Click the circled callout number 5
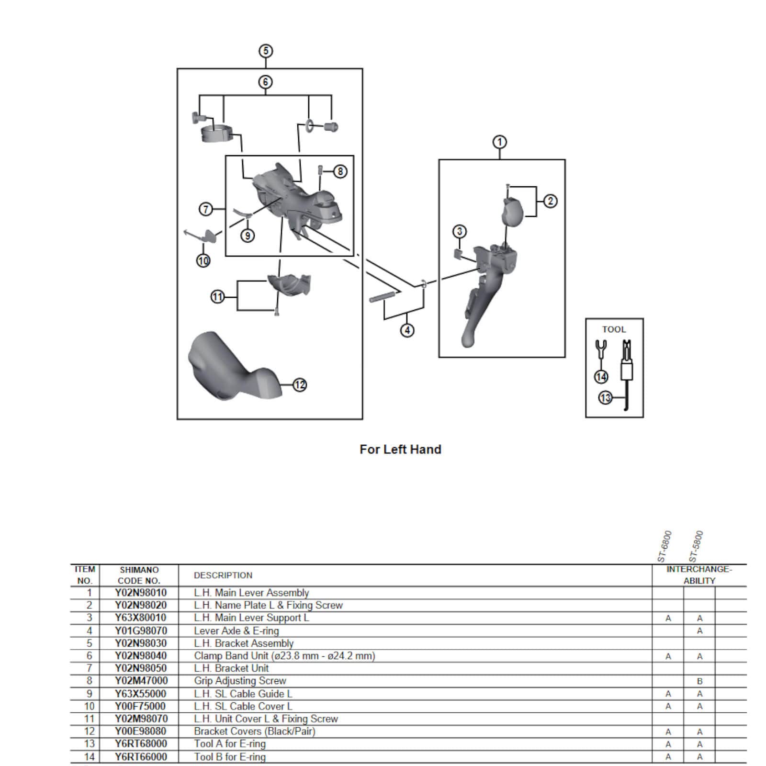click(x=266, y=51)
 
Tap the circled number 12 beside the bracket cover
click(x=300, y=385)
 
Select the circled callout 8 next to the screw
click(x=340, y=171)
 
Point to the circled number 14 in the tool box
click(x=601, y=377)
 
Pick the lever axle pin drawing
click(x=384, y=296)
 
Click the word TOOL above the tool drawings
click(x=614, y=329)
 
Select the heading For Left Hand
click(x=400, y=450)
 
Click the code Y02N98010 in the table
click(x=141, y=593)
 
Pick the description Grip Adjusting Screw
click(x=240, y=681)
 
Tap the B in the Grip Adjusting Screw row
click(x=699, y=681)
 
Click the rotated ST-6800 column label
click(x=665, y=546)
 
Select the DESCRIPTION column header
click(x=223, y=575)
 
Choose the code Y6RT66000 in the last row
click(x=141, y=757)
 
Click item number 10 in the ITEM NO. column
click(x=89, y=706)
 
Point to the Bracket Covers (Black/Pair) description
click(x=254, y=732)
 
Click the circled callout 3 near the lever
click(x=460, y=232)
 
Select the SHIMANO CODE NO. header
click(x=139, y=575)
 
